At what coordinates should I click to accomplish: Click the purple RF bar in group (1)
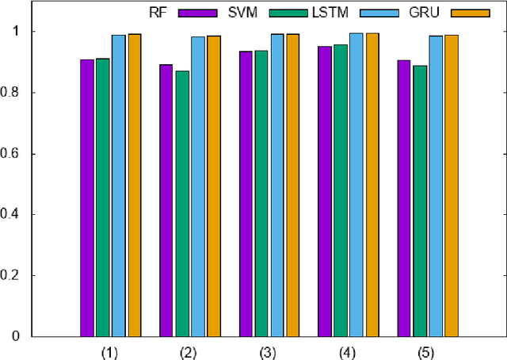pyautogui.click(x=86, y=198)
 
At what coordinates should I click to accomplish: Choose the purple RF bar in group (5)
pyautogui.click(x=404, y=198)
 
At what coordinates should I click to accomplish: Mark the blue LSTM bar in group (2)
pyautogui.click(x=198, y=186)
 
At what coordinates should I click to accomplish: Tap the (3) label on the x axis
pyautogui.click(x=269, y=350)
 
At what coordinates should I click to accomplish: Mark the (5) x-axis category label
pyautogui.click(x=428, y=350)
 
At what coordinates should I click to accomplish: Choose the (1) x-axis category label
pyautogui.click(x=110, y=350)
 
